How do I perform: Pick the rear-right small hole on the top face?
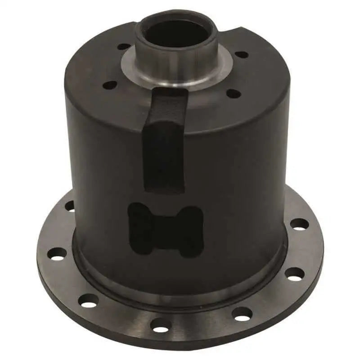click(x=242, y=54)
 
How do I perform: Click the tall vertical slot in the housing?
click(x=164, y=144)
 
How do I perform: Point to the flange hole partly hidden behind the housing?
click(x=70, y=206)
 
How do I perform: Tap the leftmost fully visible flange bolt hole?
click(x=57, y=253)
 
